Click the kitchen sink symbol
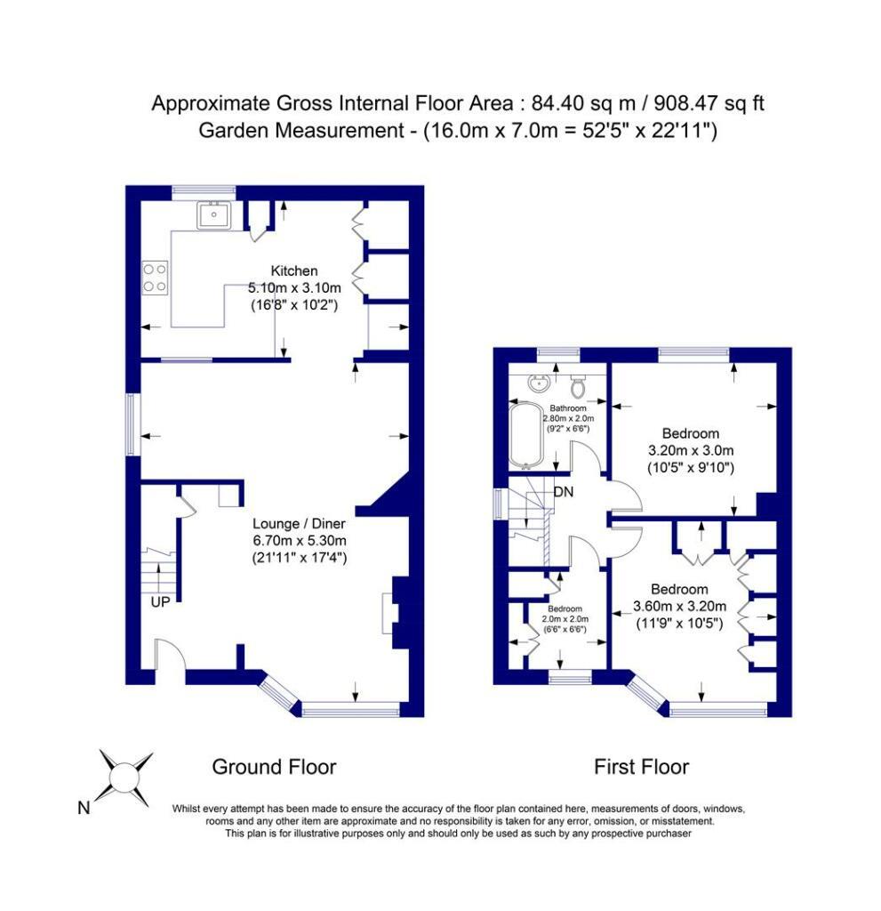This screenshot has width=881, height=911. click(x=213, y=214)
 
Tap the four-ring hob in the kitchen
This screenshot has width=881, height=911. click(x=155, y=278)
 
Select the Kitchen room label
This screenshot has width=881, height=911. click(x=294, y=270)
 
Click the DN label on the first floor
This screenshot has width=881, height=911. click(x=563, y=492)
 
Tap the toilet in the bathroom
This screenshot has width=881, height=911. click(x=579, y=386)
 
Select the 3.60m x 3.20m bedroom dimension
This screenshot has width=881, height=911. click(x=679, y=607)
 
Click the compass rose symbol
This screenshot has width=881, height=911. click(x=125, y=775)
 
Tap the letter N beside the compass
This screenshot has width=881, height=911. click(x=84, y=809)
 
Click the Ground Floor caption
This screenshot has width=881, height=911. click(x=273, y=767)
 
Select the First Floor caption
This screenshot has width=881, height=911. click(x=641, y=767)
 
